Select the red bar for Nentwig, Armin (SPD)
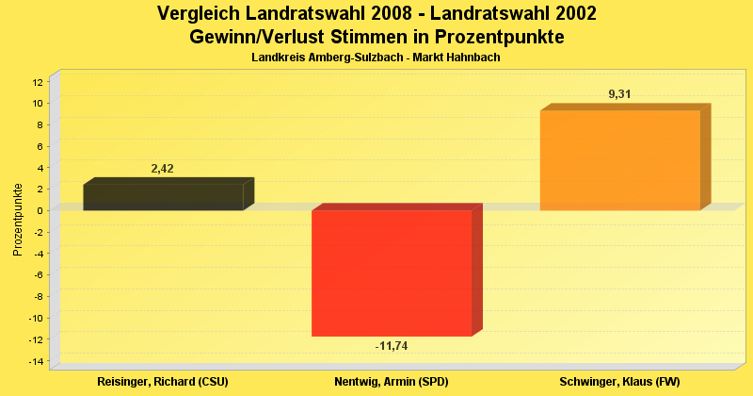pos(392,272)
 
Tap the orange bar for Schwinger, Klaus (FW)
pos(619,160)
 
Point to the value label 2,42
pos(163,169)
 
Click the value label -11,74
pos(392,347)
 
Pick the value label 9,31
pos(619,93)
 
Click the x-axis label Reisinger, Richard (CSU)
pos(163,382)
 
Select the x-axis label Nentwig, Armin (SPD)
pos(392,382)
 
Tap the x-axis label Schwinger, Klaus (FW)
pos(619,382)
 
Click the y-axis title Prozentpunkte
pos(17,219)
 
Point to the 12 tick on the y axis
pos(38,82)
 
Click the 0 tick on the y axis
pos(40,210)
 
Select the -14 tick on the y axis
pos(36,361)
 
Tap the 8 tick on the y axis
pos(40,124)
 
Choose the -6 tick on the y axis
pos(38,274)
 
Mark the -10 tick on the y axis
pos(36,318)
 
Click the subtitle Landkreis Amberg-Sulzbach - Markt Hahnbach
pos(376,58)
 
